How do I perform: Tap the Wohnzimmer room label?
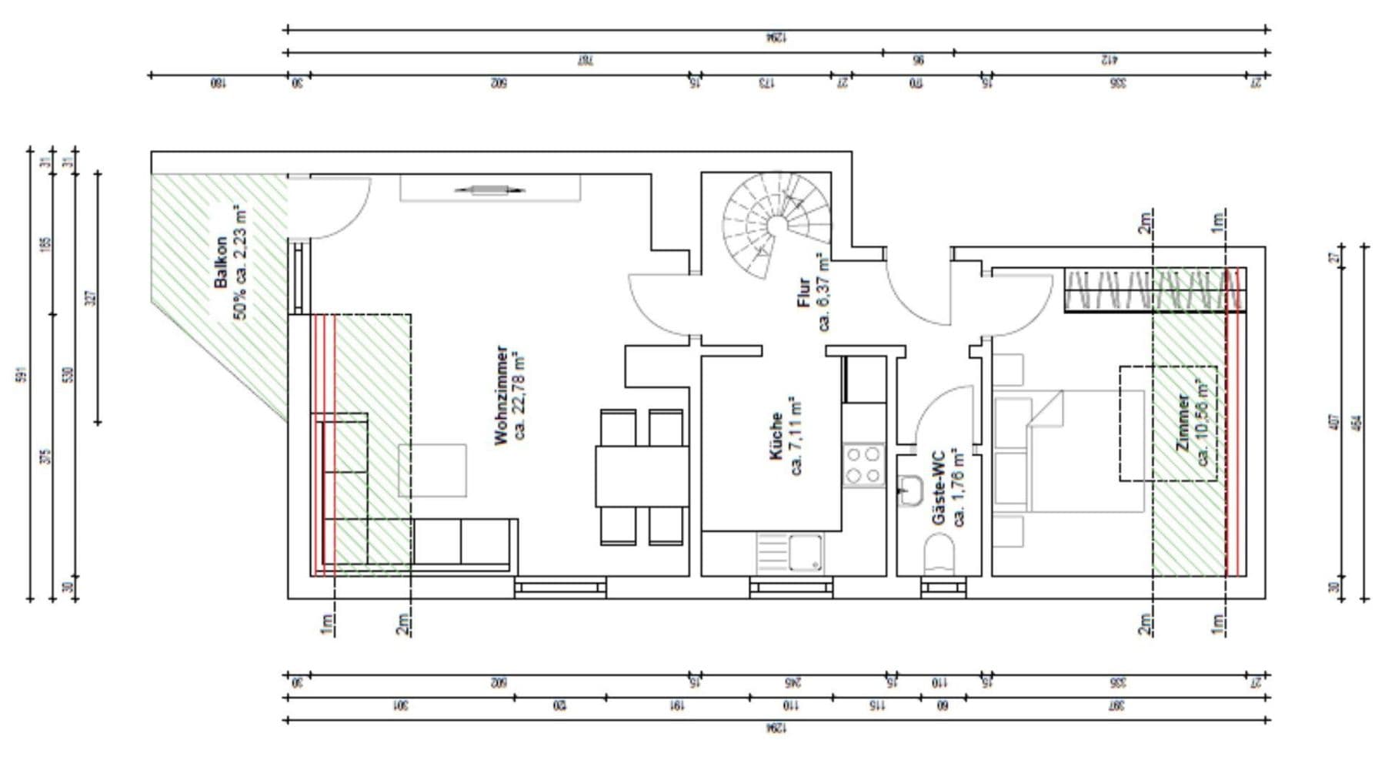pyautogui.click(x=510, y=394)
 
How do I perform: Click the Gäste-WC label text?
pyautogui.click(x=948, y=487)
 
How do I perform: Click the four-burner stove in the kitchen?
pyautogui.click(x=863, y=464)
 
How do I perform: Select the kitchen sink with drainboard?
pyautogui.click(x=790, y=554)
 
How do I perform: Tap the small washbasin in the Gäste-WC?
pyautogui.click(x=910, y=490)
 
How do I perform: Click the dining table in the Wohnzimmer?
pyautogui.click(x=641, y=476)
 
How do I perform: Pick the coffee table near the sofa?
pyautogui.click(x=432, y=470)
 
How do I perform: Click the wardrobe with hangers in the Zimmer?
pyautogui.click(x=1154, y=290)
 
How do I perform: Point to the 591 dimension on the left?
pyautogui.click(x=21, y=375)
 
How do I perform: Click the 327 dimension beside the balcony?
pyautogui.click(x=89, y=297)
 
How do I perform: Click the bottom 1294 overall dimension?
pyautogui.click(x=776, y=728)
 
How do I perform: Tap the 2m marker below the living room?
pyautogui.click(x=402, y=624)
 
